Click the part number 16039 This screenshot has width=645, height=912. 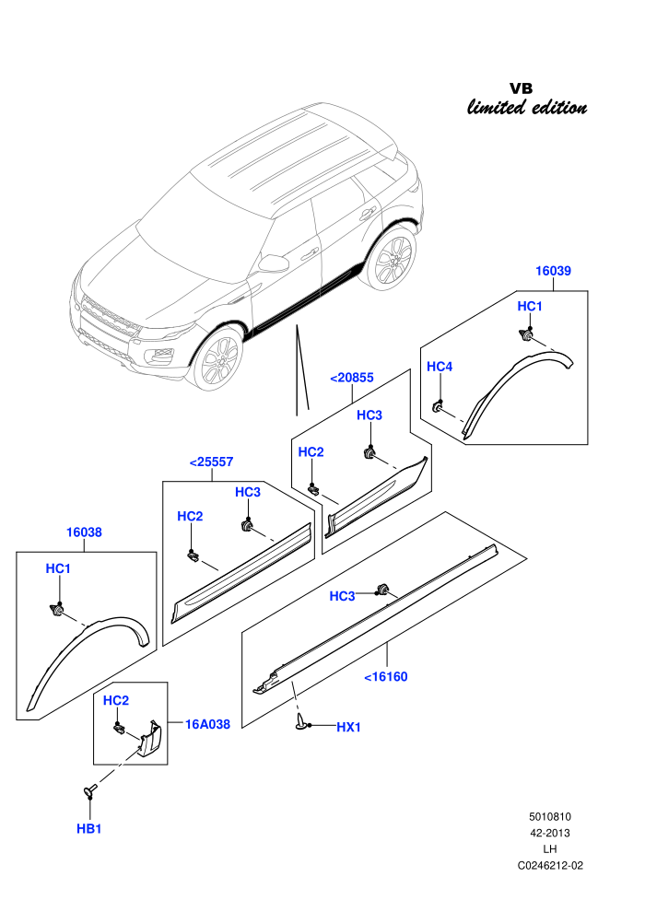pyautogui.click(x=553, y=271)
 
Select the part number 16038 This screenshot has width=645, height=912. pyautogui.click(x=84, y=532)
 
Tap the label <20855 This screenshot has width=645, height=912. pyautogui.click(x=351, y=378)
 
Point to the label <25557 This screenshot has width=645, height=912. pyautogui.click(x=211, y=462)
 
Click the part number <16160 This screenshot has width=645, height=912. pyautogui.click(x=385, y=676)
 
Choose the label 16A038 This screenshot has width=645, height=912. pyautogui.click(x=207, y=724)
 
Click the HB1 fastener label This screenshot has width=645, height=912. pyautogui.click(x=89, y=829)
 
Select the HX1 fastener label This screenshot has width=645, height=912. pyautogui.click(x=348, y=727)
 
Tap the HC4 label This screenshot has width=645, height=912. pyautogui.click(x=440, y=367)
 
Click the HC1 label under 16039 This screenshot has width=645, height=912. pyautogui.click(x=530, y=306)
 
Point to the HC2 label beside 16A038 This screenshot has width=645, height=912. pyautogui.click(x=116, y=700)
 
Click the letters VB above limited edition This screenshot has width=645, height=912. pyautogui.click(x=522, y=88)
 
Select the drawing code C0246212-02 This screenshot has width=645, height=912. pyautogui.click(x=550, y=865)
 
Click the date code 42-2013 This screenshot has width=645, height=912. pyautogui.click(x=550, y=833)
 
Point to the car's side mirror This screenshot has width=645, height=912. pyautogui.click(x=274, y=263)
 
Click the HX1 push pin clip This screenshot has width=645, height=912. pyautogui.click(x=301, y=720)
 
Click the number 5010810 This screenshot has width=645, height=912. pyautogui.click(x=550, y=816)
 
